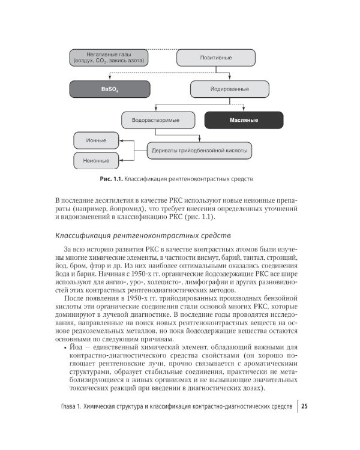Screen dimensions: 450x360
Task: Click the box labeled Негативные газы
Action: tap(109, 57)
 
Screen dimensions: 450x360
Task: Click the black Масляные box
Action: tap(244, 120)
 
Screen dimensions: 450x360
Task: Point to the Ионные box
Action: tap(97, 140)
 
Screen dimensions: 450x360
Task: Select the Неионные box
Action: tap(97, 160)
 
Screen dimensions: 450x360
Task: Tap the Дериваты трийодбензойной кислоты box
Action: tap(199, 150)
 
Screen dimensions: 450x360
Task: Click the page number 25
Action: tap(305, 406)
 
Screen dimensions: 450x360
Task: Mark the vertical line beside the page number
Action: tap(298, 406)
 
